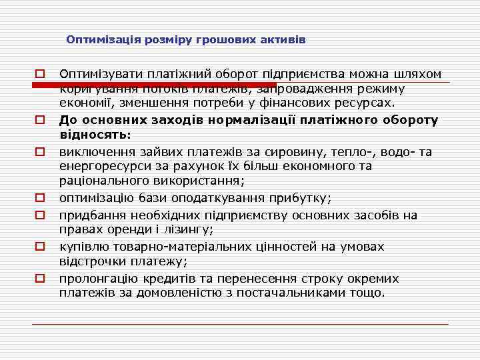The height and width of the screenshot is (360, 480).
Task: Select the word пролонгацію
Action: (97, 278)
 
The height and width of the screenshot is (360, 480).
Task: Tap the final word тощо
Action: (371, 293)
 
